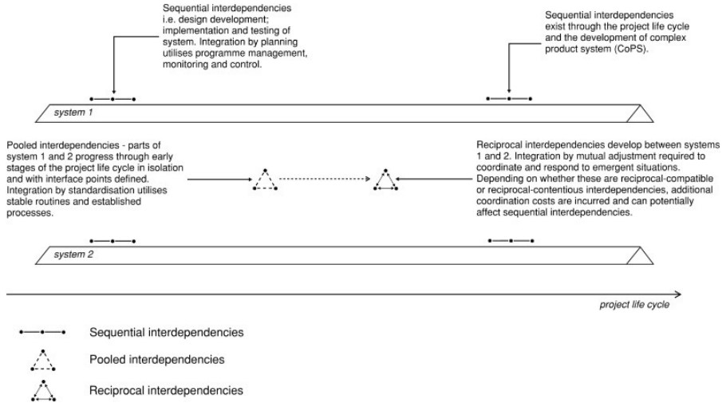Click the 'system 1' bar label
73,113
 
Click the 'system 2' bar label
73,255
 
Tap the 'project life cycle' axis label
634,304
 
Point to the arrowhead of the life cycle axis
677,293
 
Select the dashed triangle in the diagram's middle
265,181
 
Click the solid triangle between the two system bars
385,181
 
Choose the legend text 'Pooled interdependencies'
158,360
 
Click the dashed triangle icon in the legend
43,361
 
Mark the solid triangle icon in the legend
43,390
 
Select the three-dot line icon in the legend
43,331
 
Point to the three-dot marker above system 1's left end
112,99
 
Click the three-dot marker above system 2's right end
510,240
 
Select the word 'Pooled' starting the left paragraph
22,145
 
